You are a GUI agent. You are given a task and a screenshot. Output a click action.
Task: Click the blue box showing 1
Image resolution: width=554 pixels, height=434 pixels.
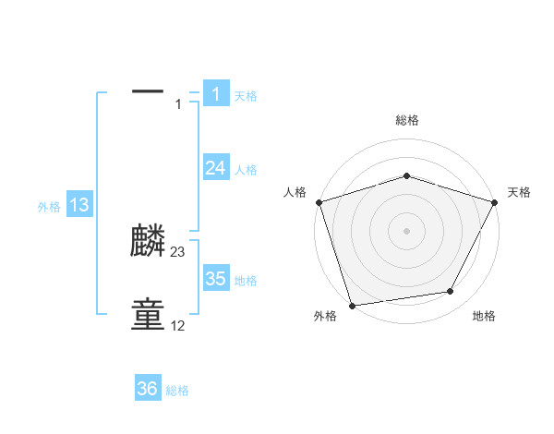215,93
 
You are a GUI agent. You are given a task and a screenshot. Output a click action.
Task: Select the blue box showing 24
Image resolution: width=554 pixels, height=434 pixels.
215,167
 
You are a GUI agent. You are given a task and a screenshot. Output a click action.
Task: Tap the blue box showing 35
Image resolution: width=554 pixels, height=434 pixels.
215,279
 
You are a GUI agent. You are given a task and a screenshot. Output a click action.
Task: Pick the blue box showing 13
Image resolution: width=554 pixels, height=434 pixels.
79,205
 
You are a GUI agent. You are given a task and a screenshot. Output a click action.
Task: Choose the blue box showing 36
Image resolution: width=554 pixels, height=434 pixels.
148,389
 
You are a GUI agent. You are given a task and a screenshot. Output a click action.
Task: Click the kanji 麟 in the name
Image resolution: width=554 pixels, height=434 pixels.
148,242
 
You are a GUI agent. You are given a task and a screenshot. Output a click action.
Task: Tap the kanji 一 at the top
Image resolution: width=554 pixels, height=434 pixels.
148,91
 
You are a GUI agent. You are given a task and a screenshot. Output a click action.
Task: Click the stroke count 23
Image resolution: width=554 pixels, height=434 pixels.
178,252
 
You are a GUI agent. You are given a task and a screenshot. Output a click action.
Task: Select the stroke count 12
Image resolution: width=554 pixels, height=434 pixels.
178,326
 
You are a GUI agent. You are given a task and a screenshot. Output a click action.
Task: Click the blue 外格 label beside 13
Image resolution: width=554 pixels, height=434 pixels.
49,207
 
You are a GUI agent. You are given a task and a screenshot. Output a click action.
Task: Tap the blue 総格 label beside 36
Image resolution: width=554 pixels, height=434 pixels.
177,391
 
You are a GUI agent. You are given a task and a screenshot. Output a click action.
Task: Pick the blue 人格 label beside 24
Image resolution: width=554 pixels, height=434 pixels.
246,170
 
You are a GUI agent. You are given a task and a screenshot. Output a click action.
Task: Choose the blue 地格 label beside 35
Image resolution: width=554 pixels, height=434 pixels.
246,281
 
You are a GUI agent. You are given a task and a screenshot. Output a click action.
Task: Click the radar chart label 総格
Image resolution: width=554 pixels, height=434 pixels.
406,120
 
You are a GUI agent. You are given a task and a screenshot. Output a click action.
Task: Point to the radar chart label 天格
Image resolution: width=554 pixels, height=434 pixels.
519,192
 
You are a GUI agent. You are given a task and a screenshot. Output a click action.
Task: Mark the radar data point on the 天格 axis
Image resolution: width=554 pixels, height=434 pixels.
495,201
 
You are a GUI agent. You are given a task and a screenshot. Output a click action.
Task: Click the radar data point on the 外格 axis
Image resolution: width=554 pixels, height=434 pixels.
352,305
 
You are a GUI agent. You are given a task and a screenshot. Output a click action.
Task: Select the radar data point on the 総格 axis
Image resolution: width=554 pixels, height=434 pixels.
406,175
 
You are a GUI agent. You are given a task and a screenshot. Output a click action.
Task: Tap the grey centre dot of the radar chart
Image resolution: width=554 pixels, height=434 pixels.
406,230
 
